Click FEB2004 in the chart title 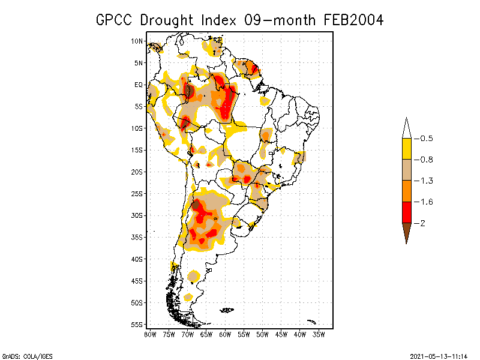tap(354, 20)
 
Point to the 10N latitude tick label tap(137, 41)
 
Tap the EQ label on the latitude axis tap(139, 85)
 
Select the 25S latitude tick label tap(137, 194)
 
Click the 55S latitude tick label tap(137, 325)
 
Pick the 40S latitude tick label tap(137, 259)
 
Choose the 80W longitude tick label tap(151, 334)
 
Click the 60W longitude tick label tap(226, 334)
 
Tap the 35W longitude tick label tap(319, 334)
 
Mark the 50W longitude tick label tap(263, 334)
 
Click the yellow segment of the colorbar tap(406, 149)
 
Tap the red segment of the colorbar tap(406, 212)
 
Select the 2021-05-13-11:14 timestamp tap(438, 355)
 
